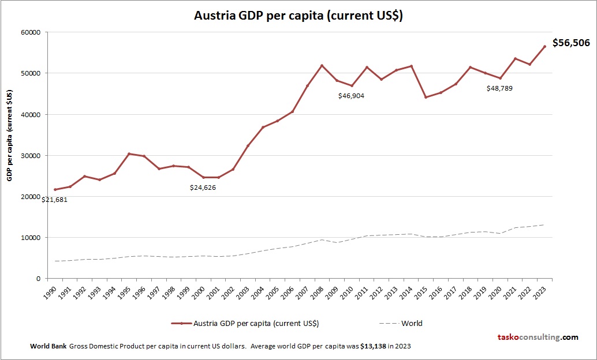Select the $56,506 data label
pos(572,43)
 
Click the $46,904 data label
pos(351,96)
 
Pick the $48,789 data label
pos(500,88)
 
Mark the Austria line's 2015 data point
pos(426,97)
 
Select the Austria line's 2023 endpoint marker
pos(544,47)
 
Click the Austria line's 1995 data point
pos(129,154)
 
